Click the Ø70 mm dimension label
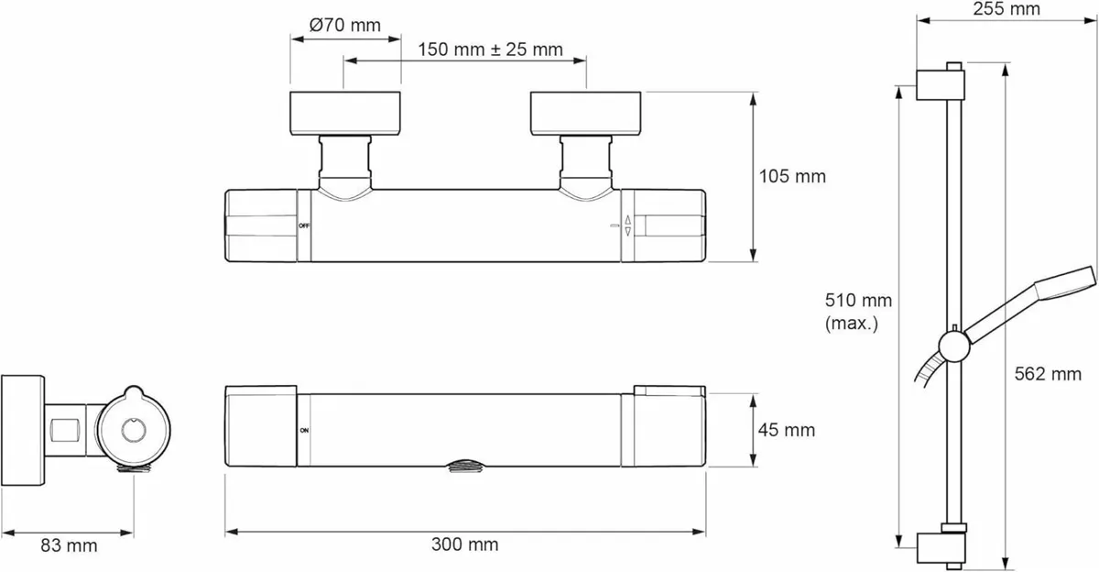345,25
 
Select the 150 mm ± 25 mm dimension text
490,49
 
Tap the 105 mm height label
792,176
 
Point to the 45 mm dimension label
787,430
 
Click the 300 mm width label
465,544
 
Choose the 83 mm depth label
69,545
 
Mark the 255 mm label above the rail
1007,9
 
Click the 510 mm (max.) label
858,312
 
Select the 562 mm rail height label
1048,374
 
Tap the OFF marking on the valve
304,225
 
